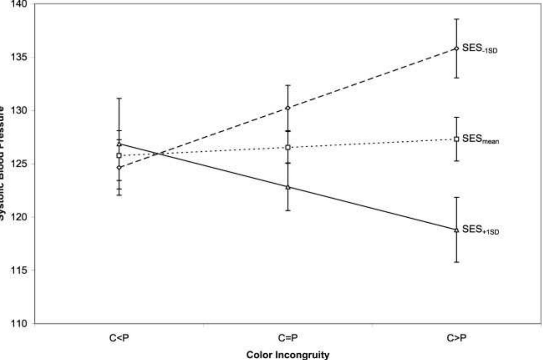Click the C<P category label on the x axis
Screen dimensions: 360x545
point(119,338)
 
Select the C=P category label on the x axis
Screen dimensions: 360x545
point(288,338)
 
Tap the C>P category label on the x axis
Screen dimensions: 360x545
point(456,338)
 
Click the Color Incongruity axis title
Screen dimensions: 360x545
point(288,355)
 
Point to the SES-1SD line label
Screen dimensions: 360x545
point(479,49)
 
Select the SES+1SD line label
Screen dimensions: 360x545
point(480,230)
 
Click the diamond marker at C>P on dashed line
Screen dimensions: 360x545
point(456,49)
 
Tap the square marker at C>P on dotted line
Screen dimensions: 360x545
point(456,139)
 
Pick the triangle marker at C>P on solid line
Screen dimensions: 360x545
point(456,230)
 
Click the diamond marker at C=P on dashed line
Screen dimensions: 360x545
point(288,108)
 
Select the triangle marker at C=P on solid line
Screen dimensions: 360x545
point(288,187)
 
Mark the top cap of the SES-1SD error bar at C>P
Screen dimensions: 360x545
point(456,19)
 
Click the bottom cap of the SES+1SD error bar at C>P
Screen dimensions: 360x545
point(456,262)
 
